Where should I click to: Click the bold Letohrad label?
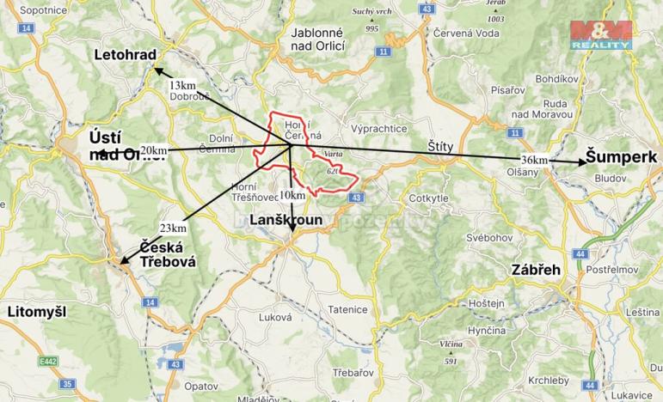pos(126,56)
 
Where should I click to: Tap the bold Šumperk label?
pos(622,157)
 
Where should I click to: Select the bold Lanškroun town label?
pos(285,221)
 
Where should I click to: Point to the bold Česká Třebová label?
pos(168,253)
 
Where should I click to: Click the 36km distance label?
pos(534,160)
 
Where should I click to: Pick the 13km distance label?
pos(182,85)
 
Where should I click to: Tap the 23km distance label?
pos(173,227)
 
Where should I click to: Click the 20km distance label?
pos(154,149)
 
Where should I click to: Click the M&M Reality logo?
pos(601,33)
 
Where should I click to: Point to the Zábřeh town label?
pos(535,269)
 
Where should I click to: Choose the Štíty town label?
pos(440,147)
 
